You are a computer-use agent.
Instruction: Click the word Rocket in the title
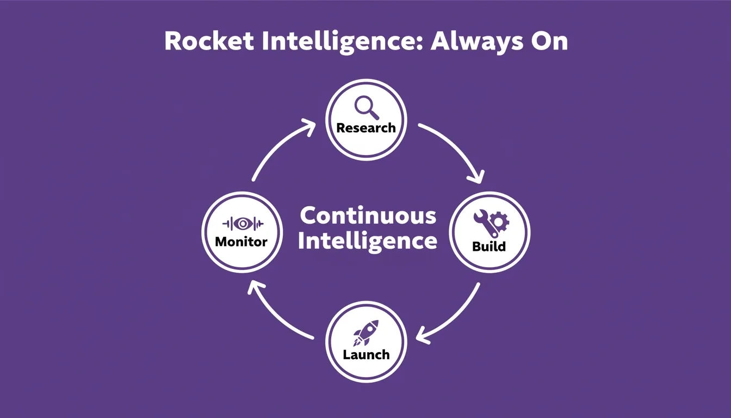pyautogui.click(x=209, y=41)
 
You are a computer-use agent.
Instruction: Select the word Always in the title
pyautogui.click(x=477, y=42)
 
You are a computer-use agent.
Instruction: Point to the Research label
pyautogui.click(x=366, y=128)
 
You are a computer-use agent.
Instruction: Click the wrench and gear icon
pyautogui.click(x=491, y=223)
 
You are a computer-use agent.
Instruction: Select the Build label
pyautogui.click(x=489, y=246)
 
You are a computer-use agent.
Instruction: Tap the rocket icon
pyautogui.click(x=366, y=333)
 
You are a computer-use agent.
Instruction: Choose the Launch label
pyautogui.click(x=366, y=355)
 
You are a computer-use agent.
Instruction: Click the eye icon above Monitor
pyautogui.click(x=243, y=224)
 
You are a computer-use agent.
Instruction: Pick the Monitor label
pyautogui.click(x=241, y=242)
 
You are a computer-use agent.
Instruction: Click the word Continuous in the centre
pyautogui.click(x=368, y=216)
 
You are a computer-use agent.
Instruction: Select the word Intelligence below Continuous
pyautogui.click(x=368, y=242)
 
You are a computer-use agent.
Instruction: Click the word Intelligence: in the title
pyautogui.click(x=343, y=42)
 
